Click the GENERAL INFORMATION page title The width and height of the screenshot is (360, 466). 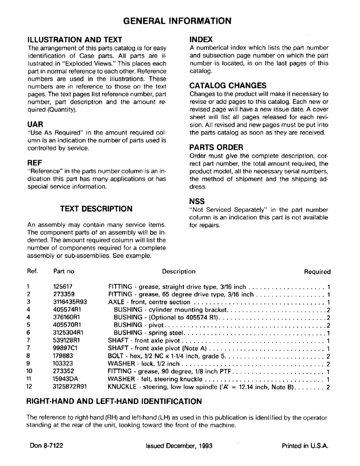point(177,21)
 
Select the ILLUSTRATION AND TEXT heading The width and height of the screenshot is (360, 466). point(75,40)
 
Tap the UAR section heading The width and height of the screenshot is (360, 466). point(36,124)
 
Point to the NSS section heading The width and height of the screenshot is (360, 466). point(198,201)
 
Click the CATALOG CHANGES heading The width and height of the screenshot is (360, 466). point(228,85)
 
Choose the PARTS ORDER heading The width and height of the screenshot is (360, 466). point(216,147)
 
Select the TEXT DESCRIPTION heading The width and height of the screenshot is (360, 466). point(97,209)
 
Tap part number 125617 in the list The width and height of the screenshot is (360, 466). point(63,287)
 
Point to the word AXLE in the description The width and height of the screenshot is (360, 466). point(116,302)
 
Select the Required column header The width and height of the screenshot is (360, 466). point(317,272)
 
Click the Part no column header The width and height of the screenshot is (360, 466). point(64,272)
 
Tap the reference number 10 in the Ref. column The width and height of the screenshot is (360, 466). point(29,371)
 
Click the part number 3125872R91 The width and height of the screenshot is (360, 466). point(70,387)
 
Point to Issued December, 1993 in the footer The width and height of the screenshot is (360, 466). point(179,445)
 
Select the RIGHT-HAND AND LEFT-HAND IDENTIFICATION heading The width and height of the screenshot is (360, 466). point(114,402)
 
